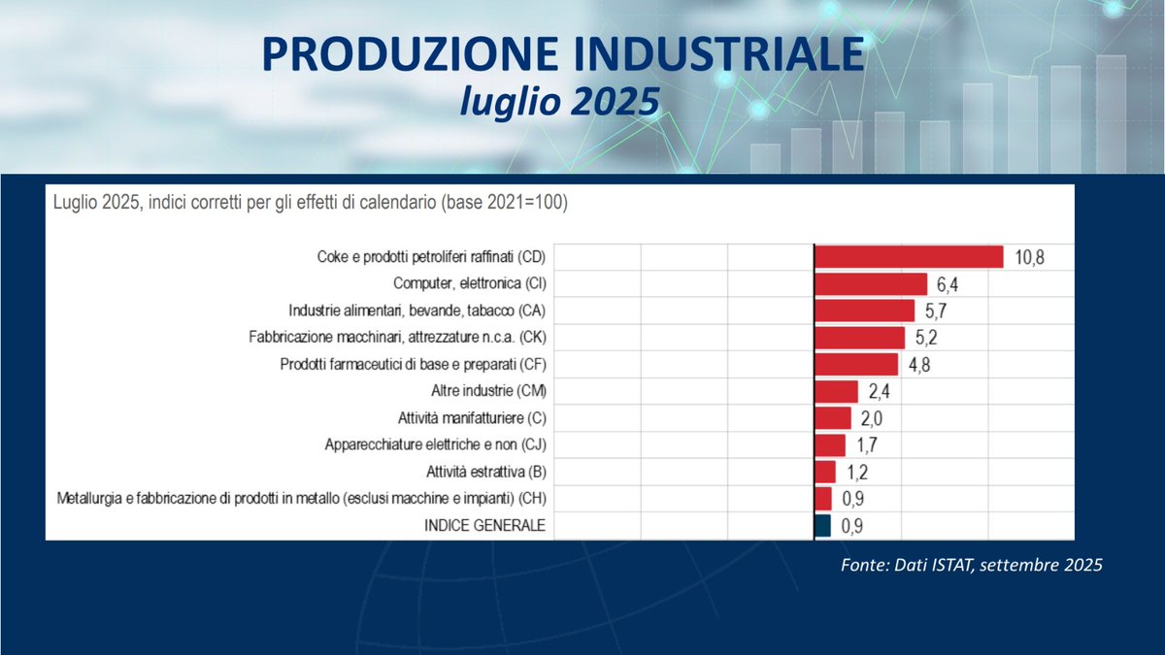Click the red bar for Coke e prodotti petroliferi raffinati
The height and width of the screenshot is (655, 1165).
[x=908, y=256]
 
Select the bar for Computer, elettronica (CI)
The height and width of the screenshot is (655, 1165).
[x=871, y=283]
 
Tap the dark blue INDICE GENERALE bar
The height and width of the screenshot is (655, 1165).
[x=822, y=525]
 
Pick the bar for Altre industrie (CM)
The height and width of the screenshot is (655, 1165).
[x=836, y=391]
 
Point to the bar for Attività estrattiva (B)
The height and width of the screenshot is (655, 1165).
[x=825, y=472]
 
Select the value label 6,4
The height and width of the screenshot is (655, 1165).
[x=948, y=284]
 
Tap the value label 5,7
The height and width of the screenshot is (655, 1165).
[x=935, y=311]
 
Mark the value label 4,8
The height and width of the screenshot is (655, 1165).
[x=918, y=365]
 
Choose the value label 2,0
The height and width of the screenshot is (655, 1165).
[x=872, y=418]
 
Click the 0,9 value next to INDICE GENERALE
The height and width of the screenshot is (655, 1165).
[x=852, y=525]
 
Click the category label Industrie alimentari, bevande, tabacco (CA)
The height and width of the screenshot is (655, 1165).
[x=417, y=311]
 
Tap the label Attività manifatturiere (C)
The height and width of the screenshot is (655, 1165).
[x=474, y=418]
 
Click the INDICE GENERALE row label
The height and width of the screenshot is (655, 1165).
[x=483, y=525]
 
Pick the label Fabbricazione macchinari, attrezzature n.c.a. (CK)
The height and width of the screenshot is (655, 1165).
[x=398, y=338]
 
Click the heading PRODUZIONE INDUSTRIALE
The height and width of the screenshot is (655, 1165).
[x=562, y=55]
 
